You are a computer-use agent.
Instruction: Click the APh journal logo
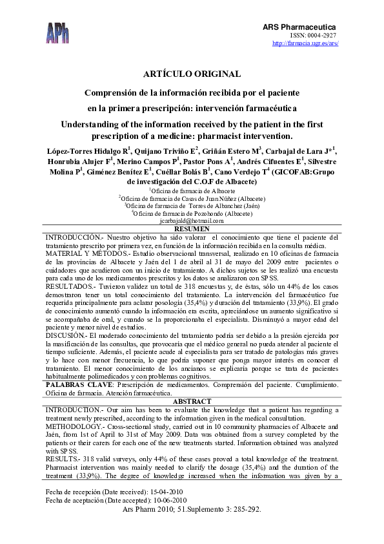pyautogui.click(x=58, y=31)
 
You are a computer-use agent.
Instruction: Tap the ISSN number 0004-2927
pyautogui.click(x=323, y=35)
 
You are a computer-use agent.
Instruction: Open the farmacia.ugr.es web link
pyautogui.click(x=306, y=43)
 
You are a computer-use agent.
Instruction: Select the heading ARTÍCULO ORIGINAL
pyautogui.click(x=192, y=74)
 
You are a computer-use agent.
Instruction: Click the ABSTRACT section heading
pyautogui.click(x=192, y=401)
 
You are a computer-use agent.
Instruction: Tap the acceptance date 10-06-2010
pyautogui.click(x=165, y=500)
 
